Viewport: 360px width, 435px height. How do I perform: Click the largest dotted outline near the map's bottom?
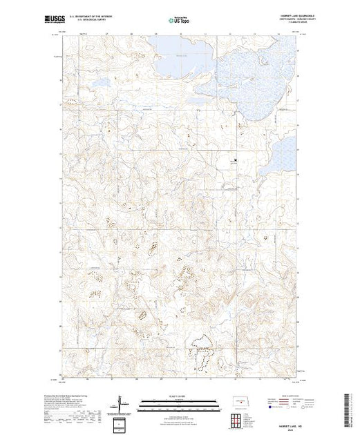202,349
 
